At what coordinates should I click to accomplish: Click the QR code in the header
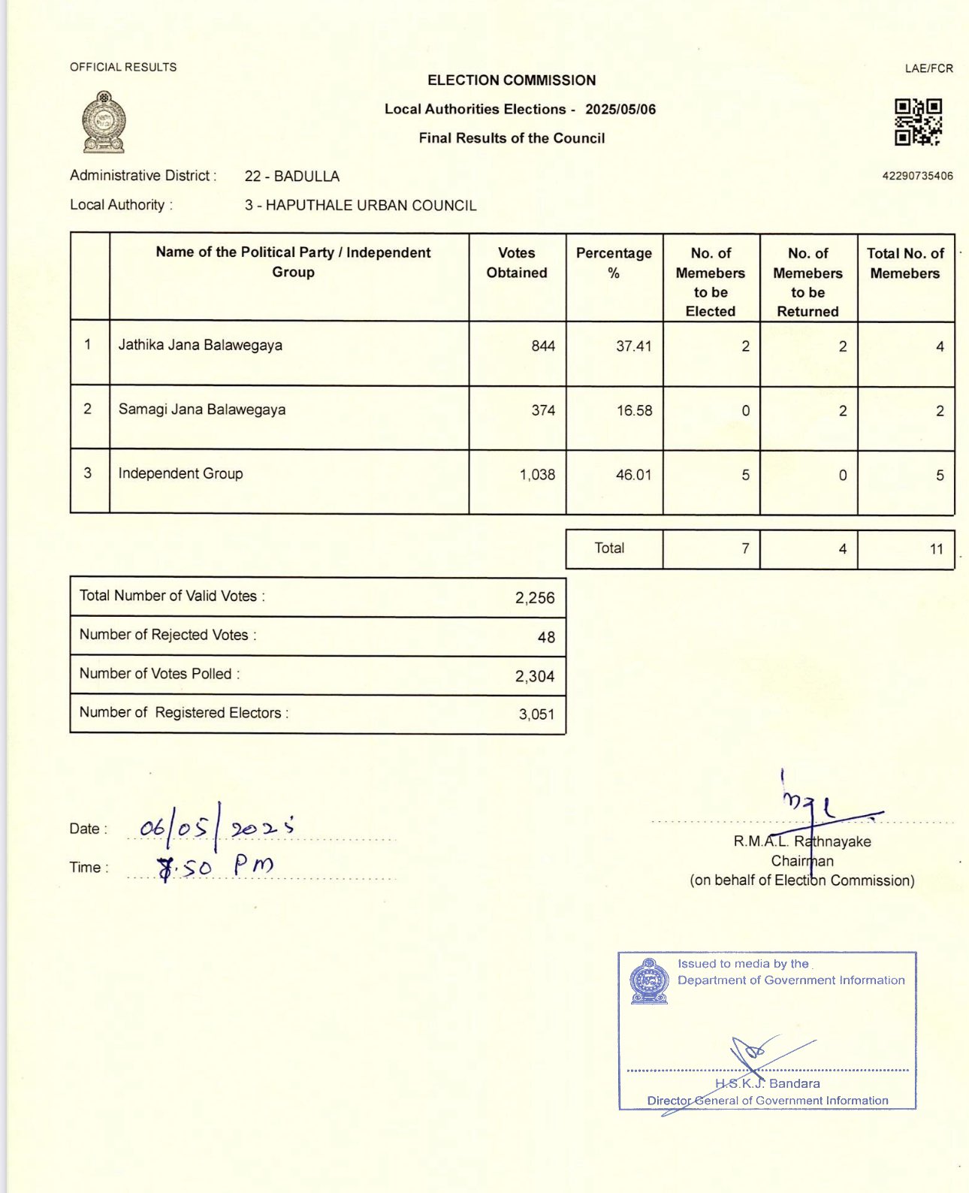tap(918, 122)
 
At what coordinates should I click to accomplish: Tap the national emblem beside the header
tap(104, 122)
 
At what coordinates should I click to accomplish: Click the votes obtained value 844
tap(543, 346)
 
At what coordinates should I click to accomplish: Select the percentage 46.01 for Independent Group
tap(633, 475)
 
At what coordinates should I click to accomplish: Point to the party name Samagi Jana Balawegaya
tap(202, 410)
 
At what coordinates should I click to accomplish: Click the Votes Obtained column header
tap(517, 263)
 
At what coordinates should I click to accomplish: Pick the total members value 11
tap(936, 549)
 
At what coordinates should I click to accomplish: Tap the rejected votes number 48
tap(546, 637)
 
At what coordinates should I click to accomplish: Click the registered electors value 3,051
tap(536, 714)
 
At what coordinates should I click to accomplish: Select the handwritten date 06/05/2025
tap(216, 828)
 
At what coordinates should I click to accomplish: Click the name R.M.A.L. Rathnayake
tap(802, 841)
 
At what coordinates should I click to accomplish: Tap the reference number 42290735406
tap(917, 176)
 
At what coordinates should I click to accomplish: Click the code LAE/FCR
tap(928, 68)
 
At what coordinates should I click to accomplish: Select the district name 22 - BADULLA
tap(292, 177)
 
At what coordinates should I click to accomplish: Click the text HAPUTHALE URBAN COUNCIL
tap(371, 206)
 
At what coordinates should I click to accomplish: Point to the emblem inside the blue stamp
tap(650, 981)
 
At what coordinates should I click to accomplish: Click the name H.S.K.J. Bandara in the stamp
tap(768, 1083)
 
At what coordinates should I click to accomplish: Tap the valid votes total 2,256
tap(535, 598)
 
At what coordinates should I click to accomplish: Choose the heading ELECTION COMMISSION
tap(512, 80)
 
